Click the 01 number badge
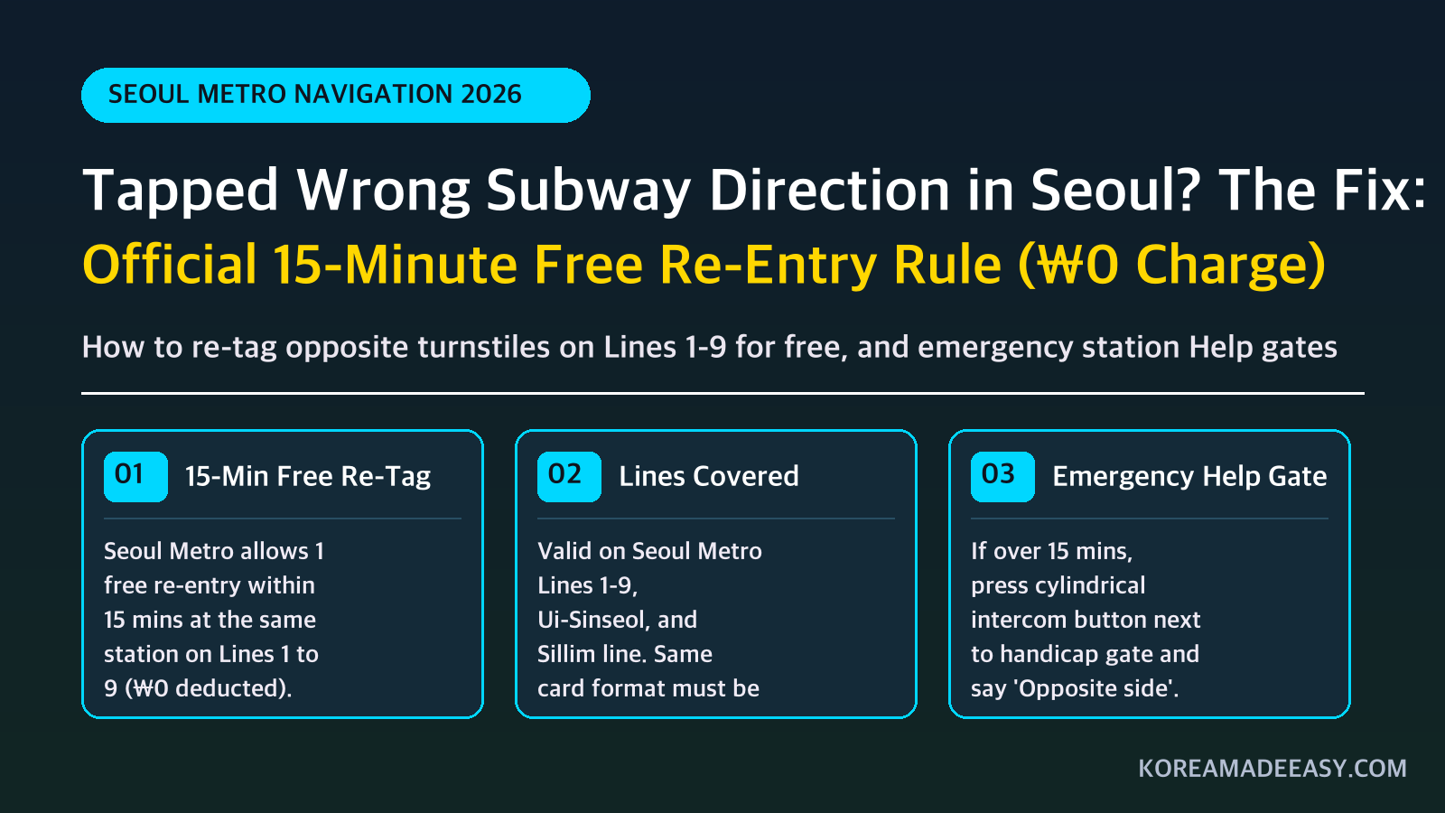tap(135, 477)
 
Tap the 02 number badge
tap(569, 477)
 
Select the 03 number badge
tap(1002, 477)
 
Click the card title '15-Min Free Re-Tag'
tap(308, 477)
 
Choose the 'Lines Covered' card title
tap(708, 476)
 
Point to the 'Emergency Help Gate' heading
tap(1189, 477)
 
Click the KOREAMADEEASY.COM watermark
tap(1273, 769)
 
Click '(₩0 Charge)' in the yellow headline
tap(1171, 265)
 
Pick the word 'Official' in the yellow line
tap(170, 264)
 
